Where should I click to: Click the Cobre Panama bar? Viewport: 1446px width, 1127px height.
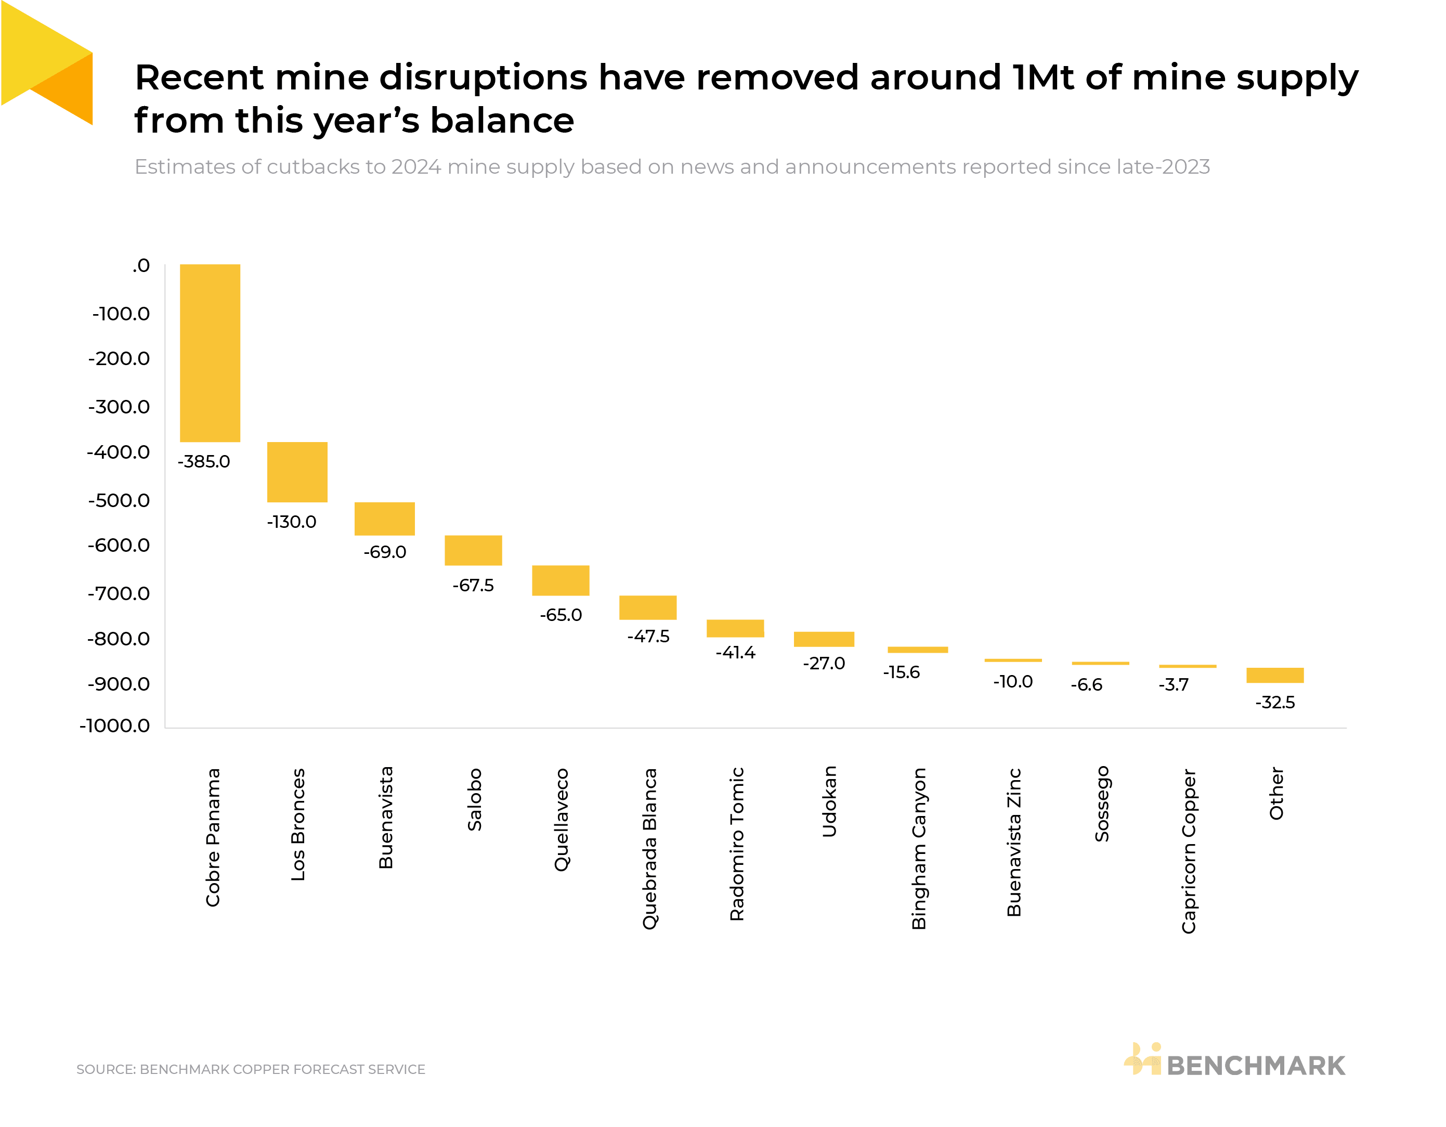click(210, 353)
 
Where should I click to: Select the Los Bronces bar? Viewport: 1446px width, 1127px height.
click(297, 472)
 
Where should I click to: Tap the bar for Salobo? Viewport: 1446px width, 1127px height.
click(473, 550)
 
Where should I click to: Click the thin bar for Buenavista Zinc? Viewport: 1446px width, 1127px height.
click(1012, 660)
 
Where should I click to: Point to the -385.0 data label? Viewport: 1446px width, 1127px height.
click(203, 461)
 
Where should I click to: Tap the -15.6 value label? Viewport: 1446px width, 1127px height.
click(901, 672)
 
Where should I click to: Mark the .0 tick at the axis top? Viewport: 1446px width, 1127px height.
click(140, 266)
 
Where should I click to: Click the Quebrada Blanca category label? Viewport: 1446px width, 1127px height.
click(649, 848)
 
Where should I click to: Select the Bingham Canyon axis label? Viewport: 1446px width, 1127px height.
click(919, 848)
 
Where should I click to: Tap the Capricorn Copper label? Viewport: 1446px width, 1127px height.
click(1189, 850)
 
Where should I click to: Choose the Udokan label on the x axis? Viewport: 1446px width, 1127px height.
click(829, 801)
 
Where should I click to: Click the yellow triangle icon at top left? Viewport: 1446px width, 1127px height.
click(46, 63)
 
